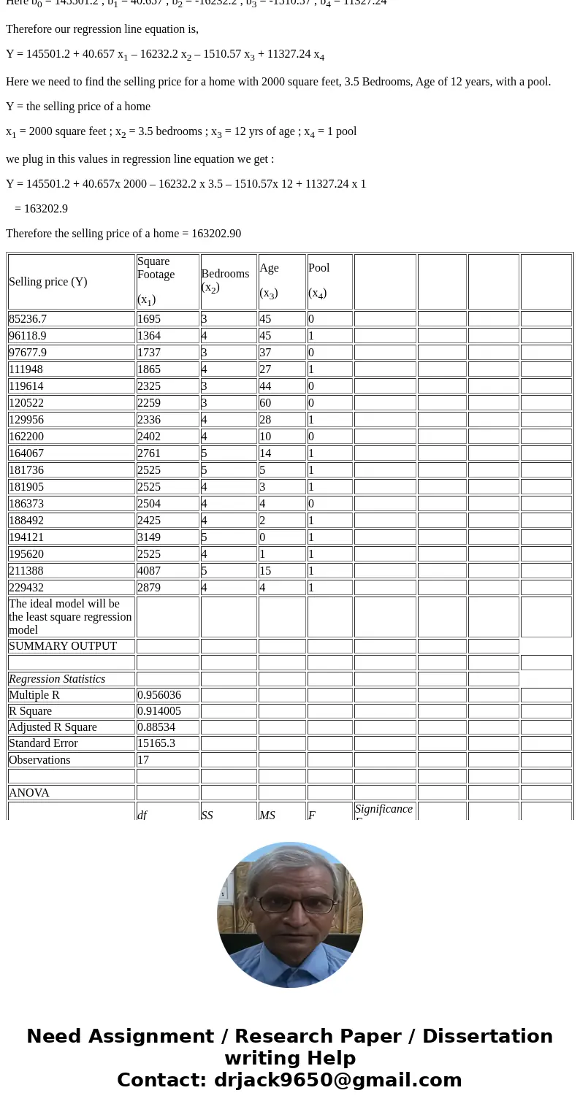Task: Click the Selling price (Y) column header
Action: pos(48,282)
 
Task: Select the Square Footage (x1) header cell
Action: pos(156,280)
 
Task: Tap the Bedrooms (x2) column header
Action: pos(225,280)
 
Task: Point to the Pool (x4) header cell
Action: pos(319,280)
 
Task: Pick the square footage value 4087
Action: pos(149,571)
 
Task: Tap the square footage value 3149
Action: pos(149,537)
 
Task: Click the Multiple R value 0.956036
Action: pos(159,695)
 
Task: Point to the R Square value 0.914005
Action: pos(159,711)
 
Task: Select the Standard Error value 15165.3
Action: pos(156,743)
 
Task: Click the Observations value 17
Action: pos(143,760)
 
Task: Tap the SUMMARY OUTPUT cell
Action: pos(63,646)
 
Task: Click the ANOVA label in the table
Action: pos(29,793)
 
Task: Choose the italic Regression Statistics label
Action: pos(57,679)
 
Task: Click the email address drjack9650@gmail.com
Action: pos(337,1081)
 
